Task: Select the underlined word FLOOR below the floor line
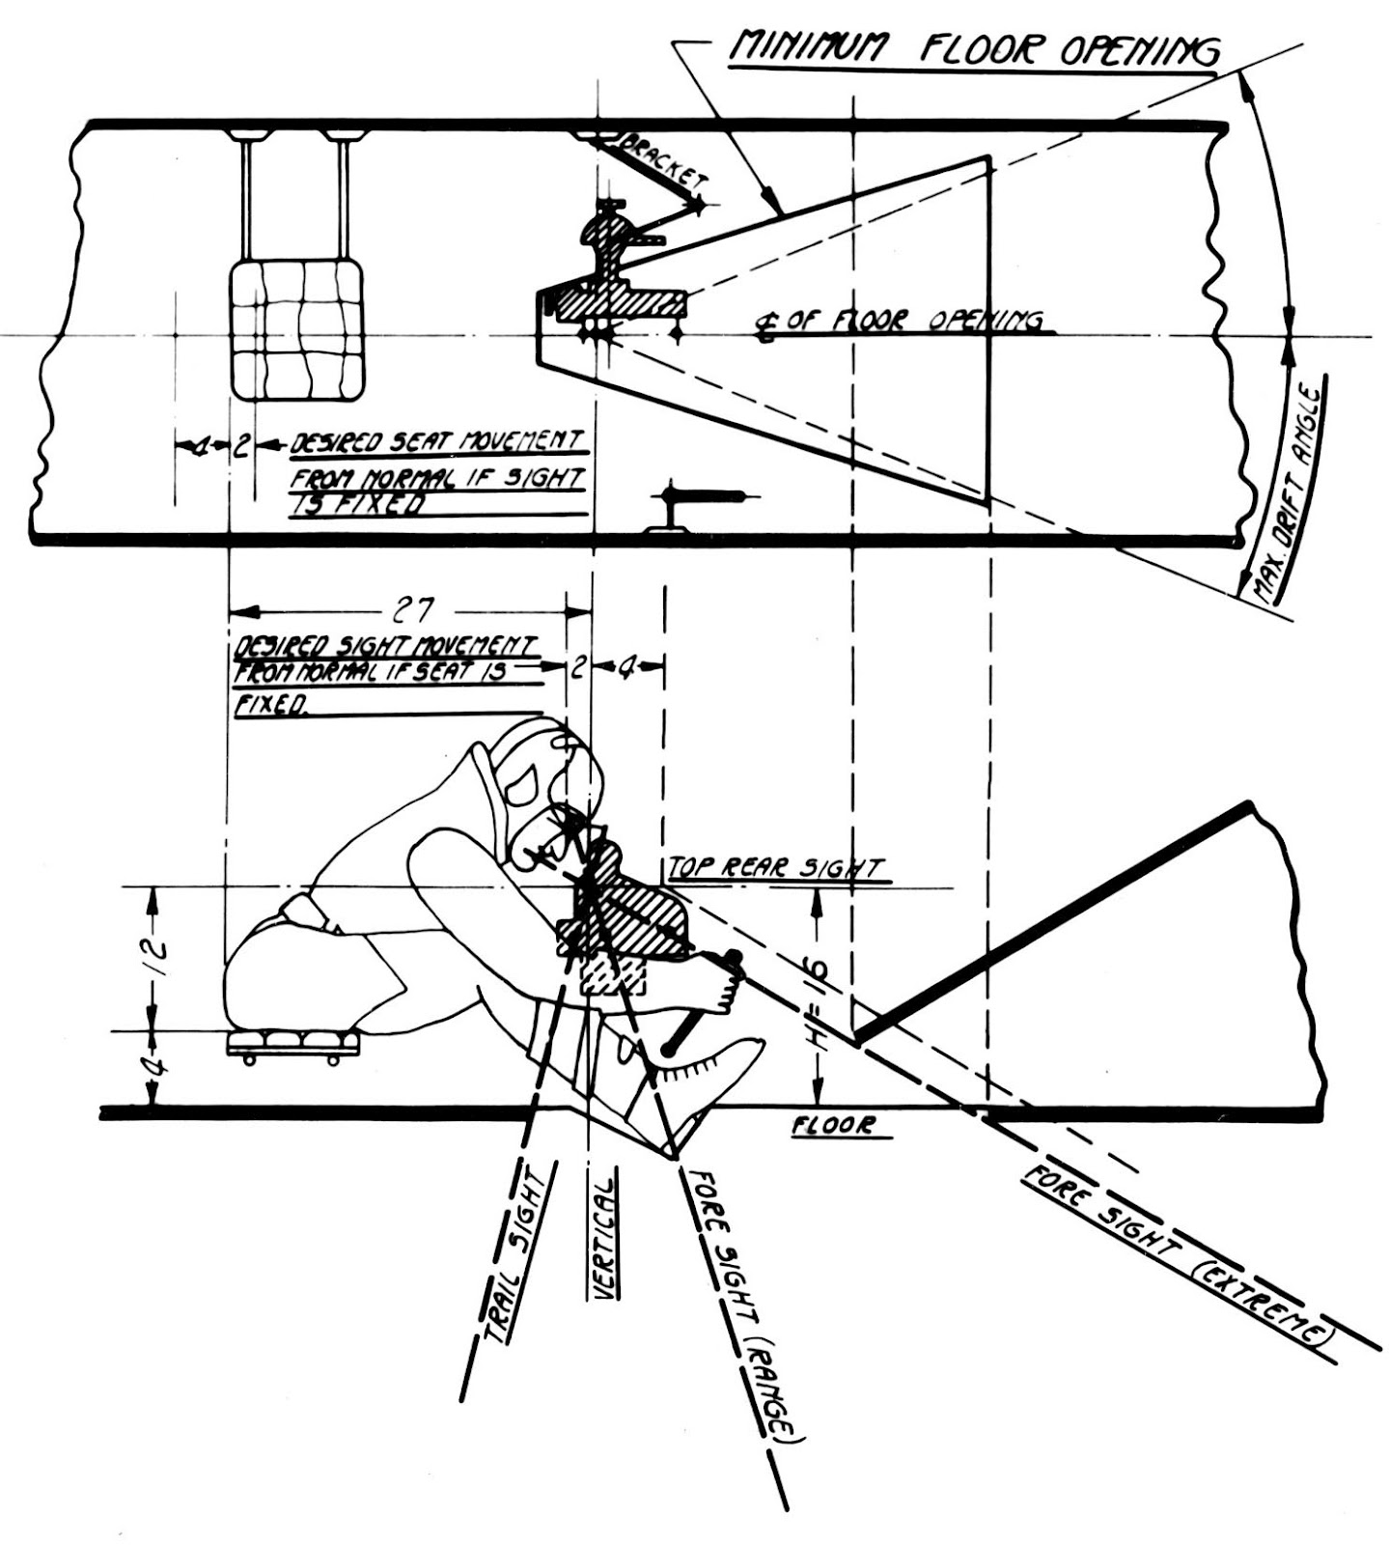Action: click(834, 1125)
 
